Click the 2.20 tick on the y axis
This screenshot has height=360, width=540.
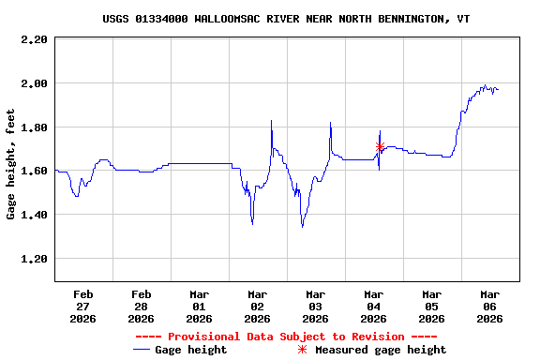point(34,39)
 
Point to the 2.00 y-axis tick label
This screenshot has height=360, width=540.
point(34,83)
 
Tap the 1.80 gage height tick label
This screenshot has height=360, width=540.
point(34,127)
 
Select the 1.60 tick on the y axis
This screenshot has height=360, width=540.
point(34,172)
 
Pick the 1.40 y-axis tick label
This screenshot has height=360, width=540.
point(34,215)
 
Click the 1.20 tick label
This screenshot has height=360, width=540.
point(34,259)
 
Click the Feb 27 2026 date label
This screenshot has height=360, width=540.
point(82,306)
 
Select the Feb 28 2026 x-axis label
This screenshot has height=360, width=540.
point(141,306)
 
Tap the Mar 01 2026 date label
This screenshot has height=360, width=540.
point(199,306)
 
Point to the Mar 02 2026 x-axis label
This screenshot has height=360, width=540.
point(257,306)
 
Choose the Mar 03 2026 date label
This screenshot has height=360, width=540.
point(315,306)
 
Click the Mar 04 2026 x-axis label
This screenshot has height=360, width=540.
point(373,306)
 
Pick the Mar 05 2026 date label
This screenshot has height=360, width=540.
point(431,306)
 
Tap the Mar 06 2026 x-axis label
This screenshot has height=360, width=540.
point(489,306)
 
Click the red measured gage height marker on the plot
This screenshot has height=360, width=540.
point(380,146)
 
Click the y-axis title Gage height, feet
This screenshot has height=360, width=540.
point(11,164)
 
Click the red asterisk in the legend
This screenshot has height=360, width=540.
point(302,350)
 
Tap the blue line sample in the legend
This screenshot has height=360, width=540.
point(142,350)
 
